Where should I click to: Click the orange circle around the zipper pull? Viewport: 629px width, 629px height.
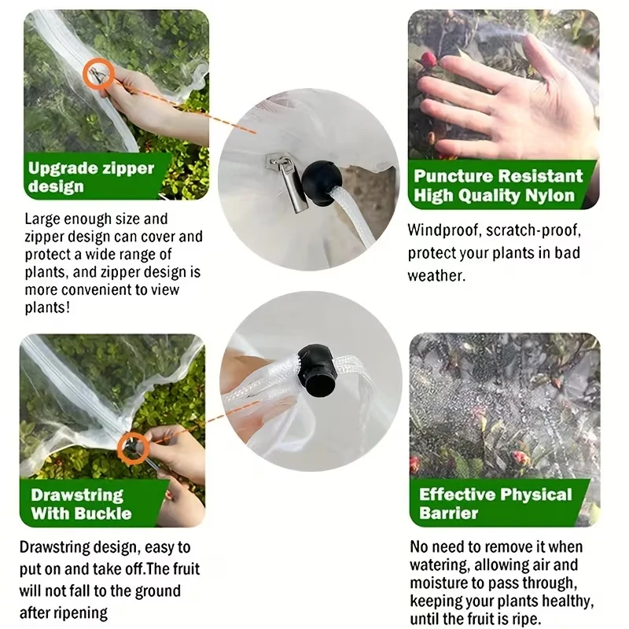(x=85, y=74)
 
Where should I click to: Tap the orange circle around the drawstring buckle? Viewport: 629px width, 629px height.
(x=120, y=448)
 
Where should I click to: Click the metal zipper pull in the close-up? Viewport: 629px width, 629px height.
(x=288, y=183)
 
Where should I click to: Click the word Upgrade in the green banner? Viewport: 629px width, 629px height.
(x=63, y=168)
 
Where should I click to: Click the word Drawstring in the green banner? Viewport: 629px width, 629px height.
(x=77, y=495)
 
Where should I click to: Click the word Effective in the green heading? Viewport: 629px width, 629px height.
(x=457, y=495)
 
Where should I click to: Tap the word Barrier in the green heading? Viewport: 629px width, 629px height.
(x=448, y=513)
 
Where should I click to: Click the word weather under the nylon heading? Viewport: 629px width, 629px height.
(x=436, y=276)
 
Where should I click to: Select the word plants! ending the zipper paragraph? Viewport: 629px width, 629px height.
(x=47, y=307)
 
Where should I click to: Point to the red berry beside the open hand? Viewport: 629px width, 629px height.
(x=429, y=61)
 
